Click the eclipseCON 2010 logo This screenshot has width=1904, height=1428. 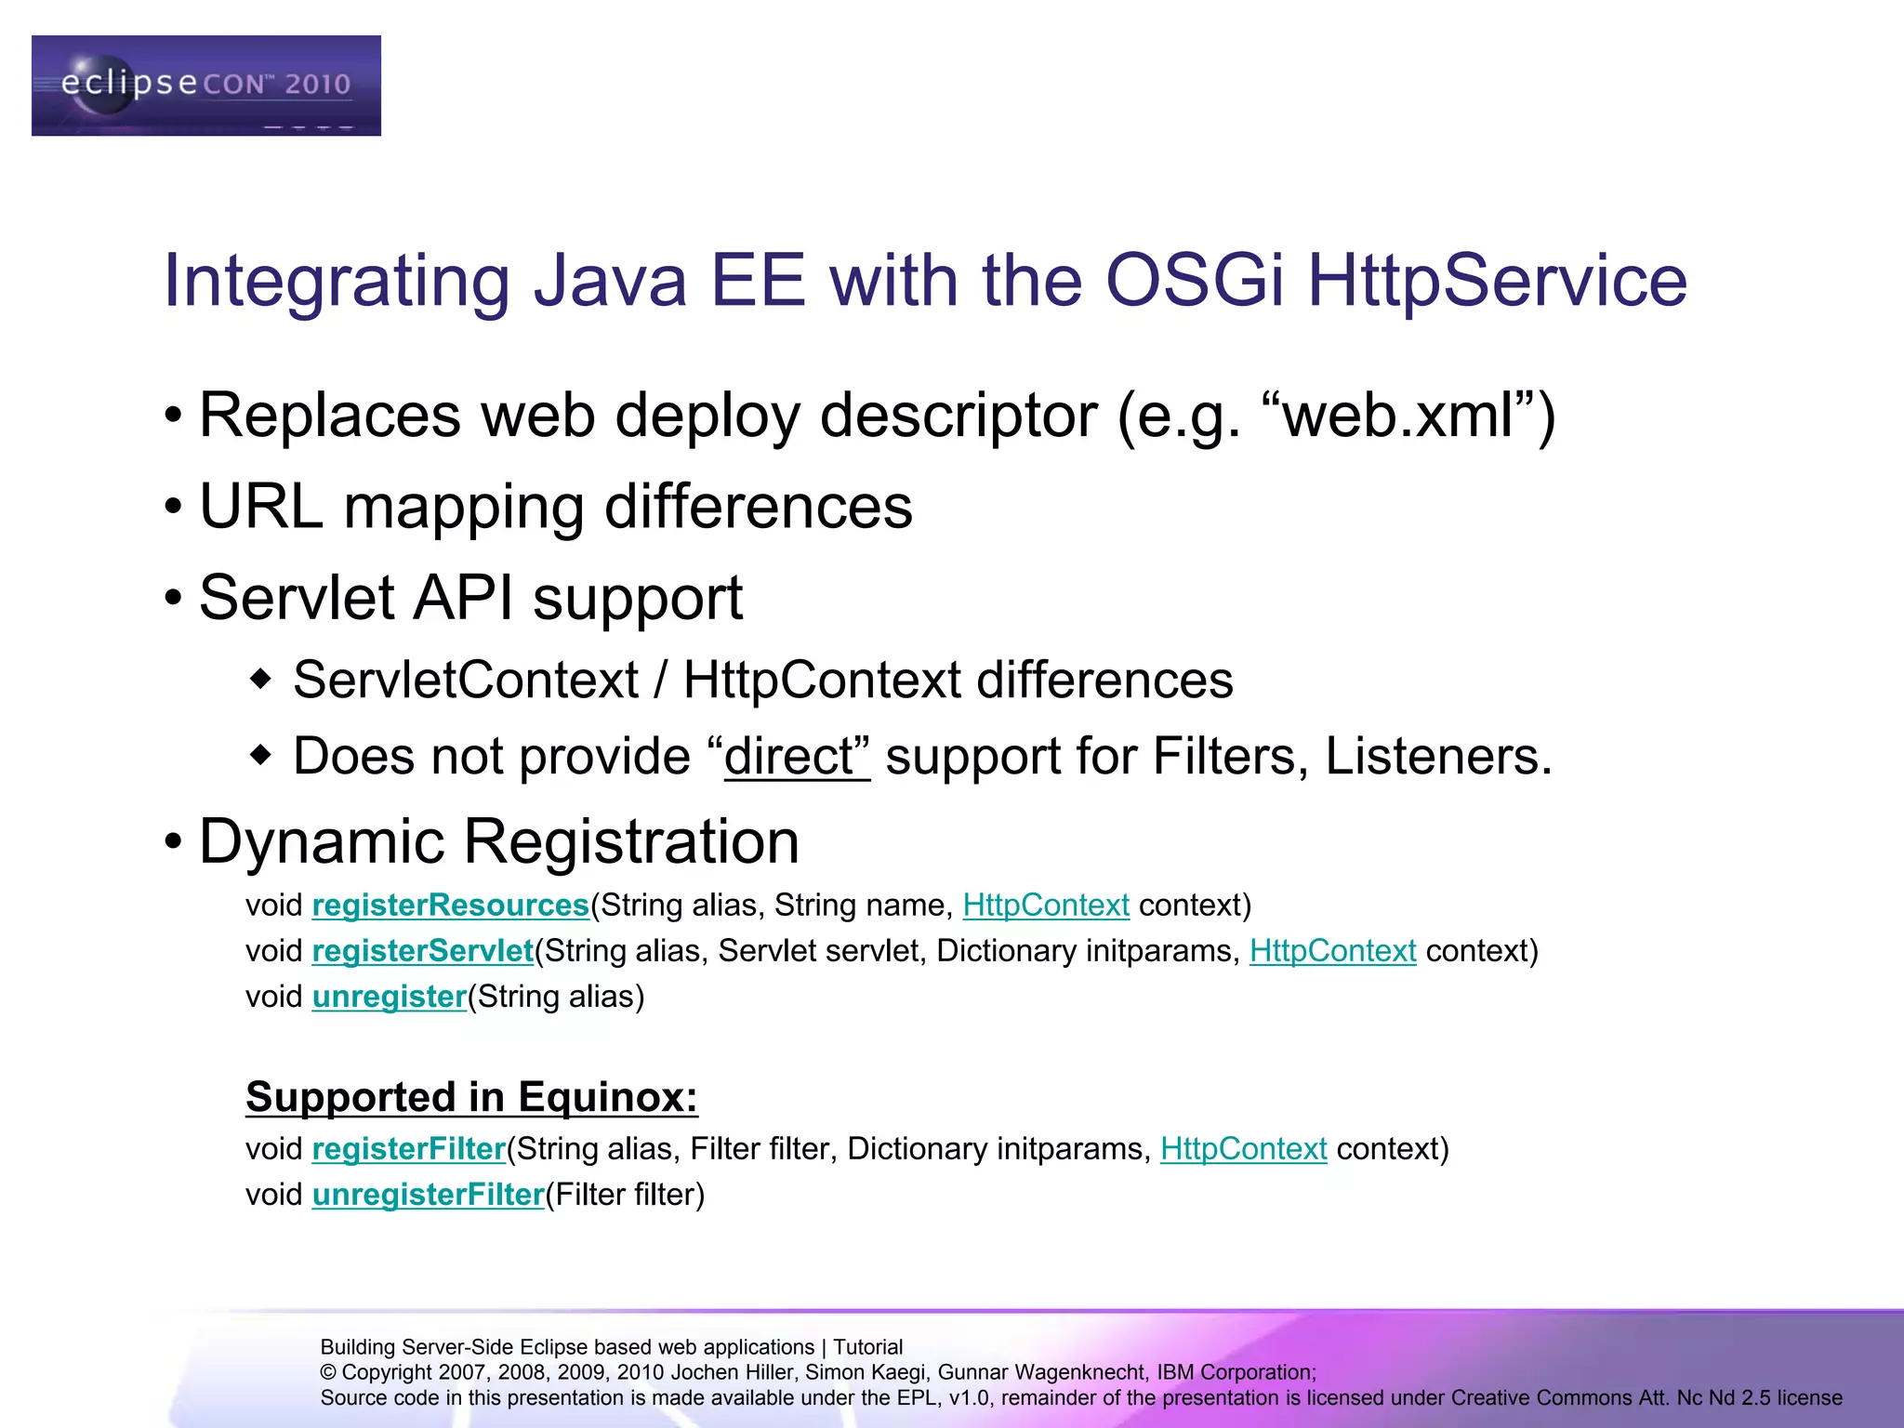coord(205,86)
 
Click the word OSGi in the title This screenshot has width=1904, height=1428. coord(1194,281)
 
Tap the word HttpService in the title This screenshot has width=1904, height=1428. coord(1497,281)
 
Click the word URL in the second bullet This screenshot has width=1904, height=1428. coord(261,508)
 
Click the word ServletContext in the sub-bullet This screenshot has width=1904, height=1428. coord(466,680)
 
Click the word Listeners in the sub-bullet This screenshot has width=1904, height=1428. coord(1436,756)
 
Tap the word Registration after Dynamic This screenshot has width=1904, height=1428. coord(630,842)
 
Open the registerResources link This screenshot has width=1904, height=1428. coord(450,906)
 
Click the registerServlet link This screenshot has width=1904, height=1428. coord(422,951)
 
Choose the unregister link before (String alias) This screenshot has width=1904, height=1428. coord(389,997)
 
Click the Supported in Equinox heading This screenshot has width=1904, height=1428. coord(471,1097)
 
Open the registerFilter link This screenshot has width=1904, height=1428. coord(408,1149)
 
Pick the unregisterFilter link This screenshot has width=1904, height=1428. coord(428,1195)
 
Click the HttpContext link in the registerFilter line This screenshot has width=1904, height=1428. coord(1243,1149)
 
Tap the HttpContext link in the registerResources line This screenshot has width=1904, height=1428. coord(1045,906)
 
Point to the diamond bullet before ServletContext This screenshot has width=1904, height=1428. coord(261,679)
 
